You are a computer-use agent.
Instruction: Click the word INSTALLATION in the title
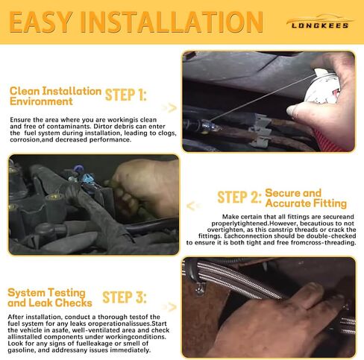[x=172, y=22]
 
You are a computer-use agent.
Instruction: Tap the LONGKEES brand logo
[x=320, y=22]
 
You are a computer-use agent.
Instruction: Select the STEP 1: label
[x=126, y=95]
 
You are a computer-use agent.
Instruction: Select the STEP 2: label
[x=239, y=198]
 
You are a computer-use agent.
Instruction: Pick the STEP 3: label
[x=125, y=297]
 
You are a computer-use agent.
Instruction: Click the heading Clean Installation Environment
[x=55, y=96]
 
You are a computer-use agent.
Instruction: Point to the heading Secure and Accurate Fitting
[x=306, y=198]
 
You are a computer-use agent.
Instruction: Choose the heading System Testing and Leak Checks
[x=50, y=297]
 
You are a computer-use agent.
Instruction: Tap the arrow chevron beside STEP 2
[x=193, y=206]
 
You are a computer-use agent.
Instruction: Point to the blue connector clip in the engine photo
[x=87, y=180]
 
